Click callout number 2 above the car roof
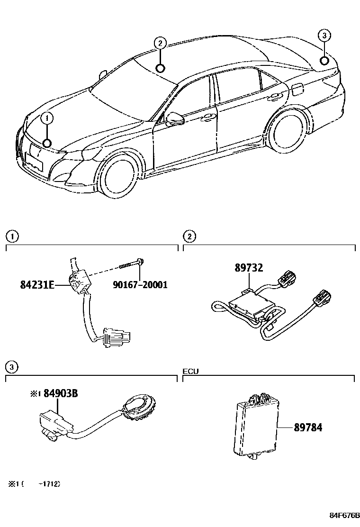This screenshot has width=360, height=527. pyautogui.click(x=160, y=44)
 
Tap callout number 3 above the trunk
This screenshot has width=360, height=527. pyautogui.click(x=324, y=36)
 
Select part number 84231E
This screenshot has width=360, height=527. pyautogui.click(x=37, y=285)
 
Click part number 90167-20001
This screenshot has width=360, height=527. pyautogui.click(x=140, y=285)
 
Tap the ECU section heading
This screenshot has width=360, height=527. pyautogui.click(x=190, y=371)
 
